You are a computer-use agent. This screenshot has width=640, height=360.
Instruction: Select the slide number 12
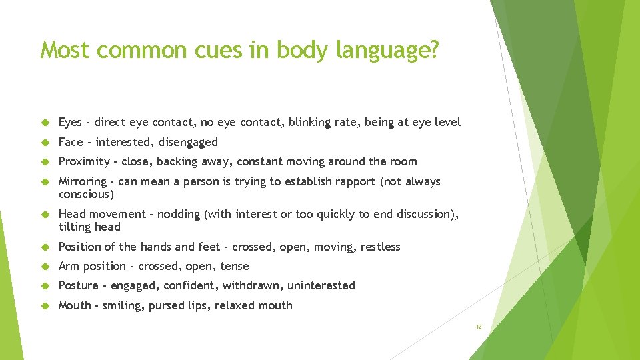[479, 327]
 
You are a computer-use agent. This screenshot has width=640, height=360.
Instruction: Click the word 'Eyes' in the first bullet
[70, 123]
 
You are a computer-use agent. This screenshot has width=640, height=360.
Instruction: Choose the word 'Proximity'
[84, 162]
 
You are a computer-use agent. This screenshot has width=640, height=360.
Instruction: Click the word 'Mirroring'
[83, 181]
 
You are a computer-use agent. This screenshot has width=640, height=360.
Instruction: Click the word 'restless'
[381, 247]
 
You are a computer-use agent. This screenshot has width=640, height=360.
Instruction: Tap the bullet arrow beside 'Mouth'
[46, 305]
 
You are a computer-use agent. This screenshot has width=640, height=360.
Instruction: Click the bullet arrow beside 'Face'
[46, 142]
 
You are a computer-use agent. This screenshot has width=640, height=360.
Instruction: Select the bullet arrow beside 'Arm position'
[46, 266]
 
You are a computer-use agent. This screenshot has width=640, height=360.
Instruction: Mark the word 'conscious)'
[87, 195]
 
